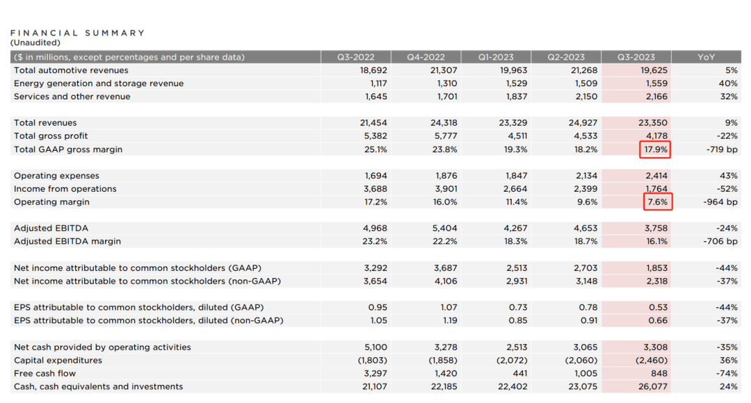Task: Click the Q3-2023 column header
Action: click(x=636, y=57)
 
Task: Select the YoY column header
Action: click(x=706, y=57)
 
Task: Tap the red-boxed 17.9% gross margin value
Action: click(x=654, y=149)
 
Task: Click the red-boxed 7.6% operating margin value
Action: click(x=657, y=202)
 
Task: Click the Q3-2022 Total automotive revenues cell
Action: click(x=373, y=70)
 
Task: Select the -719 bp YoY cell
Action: click(x=720, y=149)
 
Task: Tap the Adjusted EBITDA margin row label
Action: click(x=67, y=241)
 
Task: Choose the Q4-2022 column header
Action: click(x=424, y=57)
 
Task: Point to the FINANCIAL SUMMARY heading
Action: click(x=77, y=33)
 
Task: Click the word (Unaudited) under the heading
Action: click(x=35, y=42)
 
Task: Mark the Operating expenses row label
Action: click(x=56, y=176)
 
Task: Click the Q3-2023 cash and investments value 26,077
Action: click(x=652, y=386)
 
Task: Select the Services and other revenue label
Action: click(x=72, y=97)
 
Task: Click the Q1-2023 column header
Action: click(x=495, y=57)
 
